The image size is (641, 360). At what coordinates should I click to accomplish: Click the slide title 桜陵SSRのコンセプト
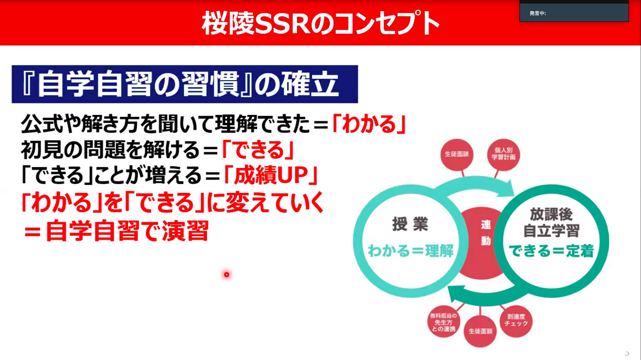click(320, 23)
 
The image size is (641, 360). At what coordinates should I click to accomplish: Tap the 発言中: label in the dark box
click(538, 13)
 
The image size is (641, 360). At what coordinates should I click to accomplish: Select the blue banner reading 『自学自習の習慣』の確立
click(185, 84)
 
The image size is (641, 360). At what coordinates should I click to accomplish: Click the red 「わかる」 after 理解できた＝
click(369, 124)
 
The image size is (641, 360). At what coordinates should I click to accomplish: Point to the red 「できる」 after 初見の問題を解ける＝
click(258, 150)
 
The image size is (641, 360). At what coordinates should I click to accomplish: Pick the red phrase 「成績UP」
click(271, 175)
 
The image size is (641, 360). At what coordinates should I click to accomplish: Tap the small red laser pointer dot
click(226, 274)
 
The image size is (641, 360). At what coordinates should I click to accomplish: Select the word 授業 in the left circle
click(410, 224)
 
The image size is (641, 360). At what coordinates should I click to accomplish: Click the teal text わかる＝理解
click(411, 251)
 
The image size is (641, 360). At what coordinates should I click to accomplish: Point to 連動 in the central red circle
click(486, 233)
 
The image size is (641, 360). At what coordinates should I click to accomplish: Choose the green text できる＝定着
click(551, 251)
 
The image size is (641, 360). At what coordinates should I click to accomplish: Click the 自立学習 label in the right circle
click(551, 231)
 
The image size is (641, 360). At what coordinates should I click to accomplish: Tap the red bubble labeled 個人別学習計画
click(504, 154)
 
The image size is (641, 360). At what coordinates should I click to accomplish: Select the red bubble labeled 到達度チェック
click(516, 321)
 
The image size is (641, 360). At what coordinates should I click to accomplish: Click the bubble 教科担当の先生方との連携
click(444, 322)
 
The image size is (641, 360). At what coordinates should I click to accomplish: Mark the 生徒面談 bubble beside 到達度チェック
click(480, 331)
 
